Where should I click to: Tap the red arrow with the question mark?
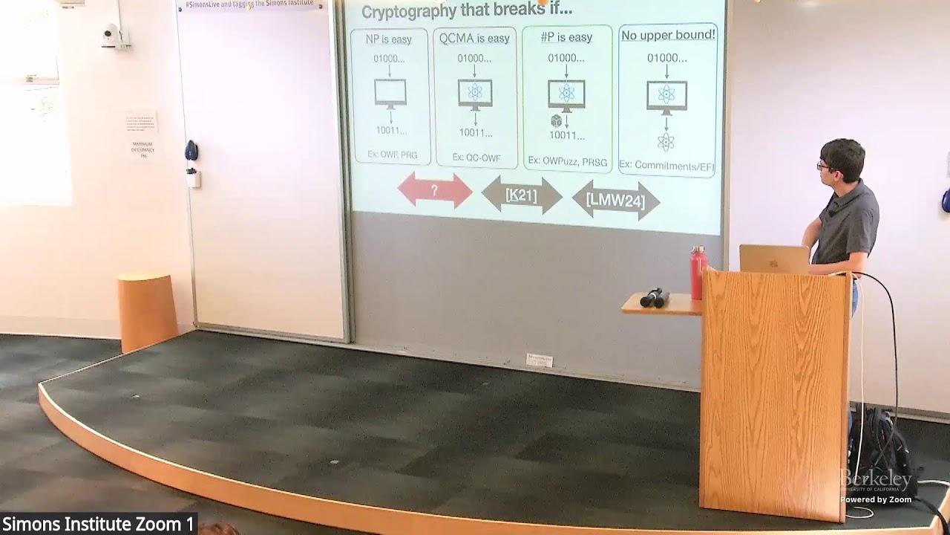pos(435,191)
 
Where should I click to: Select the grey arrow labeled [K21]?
pos(522,195)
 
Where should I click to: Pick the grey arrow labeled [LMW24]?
pos(615,200)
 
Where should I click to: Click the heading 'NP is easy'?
pos(389,39)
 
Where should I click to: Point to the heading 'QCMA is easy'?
pos(474,38)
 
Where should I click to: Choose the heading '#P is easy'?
pos(566,37)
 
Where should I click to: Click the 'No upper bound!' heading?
pos(668,35)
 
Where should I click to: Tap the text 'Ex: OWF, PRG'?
pos(392,155)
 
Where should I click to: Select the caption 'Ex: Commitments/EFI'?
pos(666,166)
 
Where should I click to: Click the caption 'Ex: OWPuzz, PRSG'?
pos(568,161)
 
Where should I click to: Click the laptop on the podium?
pos(774,259)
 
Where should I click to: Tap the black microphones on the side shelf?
pos(654,297)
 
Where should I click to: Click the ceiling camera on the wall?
pos(112,35)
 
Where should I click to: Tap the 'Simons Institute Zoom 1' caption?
pos(97,524)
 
